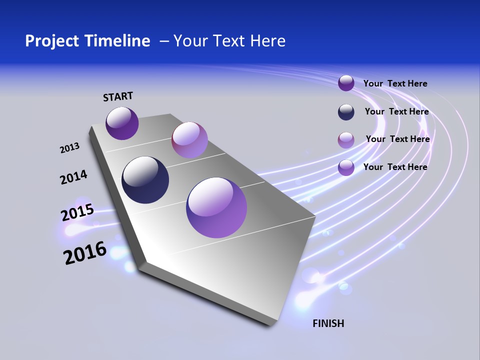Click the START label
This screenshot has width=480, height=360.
[x=118, y=96]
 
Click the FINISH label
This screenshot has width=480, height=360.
[x=328, y=323]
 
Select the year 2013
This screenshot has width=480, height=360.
[x=70, y=148]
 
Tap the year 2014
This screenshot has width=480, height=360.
[x=74, y=177]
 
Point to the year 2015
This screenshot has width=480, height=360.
[x=77, y=212]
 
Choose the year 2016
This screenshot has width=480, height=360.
[x=85, y=252]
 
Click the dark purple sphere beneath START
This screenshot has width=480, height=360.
[x=122, y=123]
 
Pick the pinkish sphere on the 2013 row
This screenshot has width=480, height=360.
[x=189, y=140]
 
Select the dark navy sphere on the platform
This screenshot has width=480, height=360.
[x=145, y=180]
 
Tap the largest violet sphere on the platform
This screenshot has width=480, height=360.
[x=216, y=207]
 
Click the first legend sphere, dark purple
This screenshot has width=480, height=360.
[x=346, y=83]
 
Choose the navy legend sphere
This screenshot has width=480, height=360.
[x=346, y=112]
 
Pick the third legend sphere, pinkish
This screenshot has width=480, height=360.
[x=346, y=140]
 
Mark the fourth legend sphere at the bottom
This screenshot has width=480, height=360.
[x=346, y=167]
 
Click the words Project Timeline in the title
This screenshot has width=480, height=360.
[x=87, y=41]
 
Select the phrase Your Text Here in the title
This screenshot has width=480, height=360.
[x=229, y=41]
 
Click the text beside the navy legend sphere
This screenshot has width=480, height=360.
[x=396, y=111]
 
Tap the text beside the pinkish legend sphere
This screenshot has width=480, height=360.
[x=397, y=139]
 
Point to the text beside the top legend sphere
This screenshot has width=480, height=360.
[x=395, y=83]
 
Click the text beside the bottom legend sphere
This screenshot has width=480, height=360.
[x=395, y=167]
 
